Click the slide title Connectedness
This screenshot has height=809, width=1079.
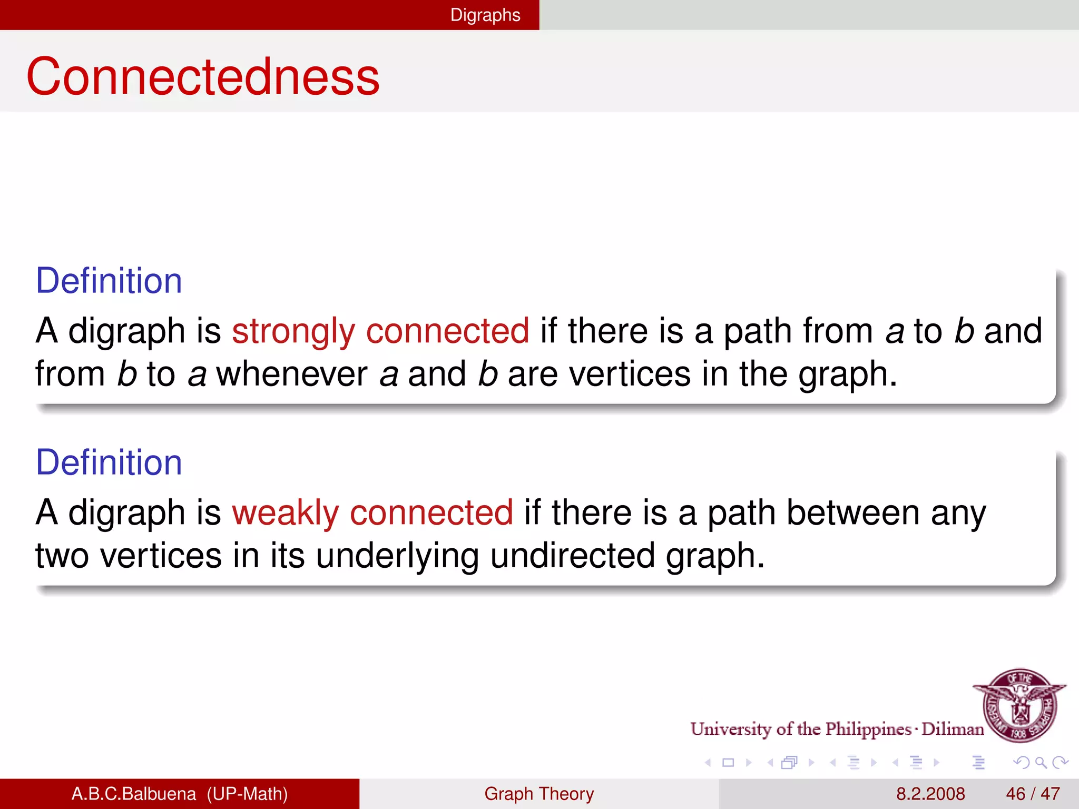[x=203, y=77]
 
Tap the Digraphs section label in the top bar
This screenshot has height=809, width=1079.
[x=485, y=15]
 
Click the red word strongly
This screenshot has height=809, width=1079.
[x=293, y=332]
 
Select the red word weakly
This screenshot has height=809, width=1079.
[x=285, y=514]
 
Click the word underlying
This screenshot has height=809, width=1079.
[x=397, y=557]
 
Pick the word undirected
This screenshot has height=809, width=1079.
[x=572, y=556]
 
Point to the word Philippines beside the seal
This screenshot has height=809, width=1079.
[x=868, y=729]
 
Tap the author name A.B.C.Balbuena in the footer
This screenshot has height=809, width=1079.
[x=133, y=794]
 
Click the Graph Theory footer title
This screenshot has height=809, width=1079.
[x=539, y=794]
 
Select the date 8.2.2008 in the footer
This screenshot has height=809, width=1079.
[x=930, y=794]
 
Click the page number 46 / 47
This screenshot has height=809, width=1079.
[x=1033, y=794]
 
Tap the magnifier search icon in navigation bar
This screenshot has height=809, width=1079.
[x=1041, y=762]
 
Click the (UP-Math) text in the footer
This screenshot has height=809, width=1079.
[x=247, y=794]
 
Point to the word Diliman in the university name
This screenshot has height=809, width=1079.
[x=953, y=729]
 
